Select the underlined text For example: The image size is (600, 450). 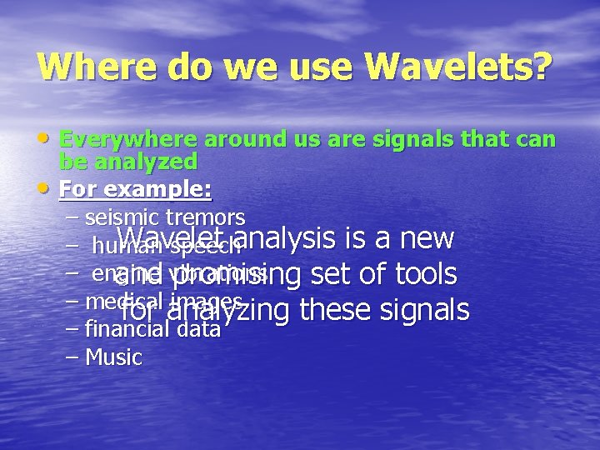(x=136, y=189)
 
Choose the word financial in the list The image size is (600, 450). (x=127, y=330)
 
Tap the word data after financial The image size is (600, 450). (x=197, y=330)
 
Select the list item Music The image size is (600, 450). (x=113, y=358)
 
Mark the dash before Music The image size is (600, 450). (x=72, y=358)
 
